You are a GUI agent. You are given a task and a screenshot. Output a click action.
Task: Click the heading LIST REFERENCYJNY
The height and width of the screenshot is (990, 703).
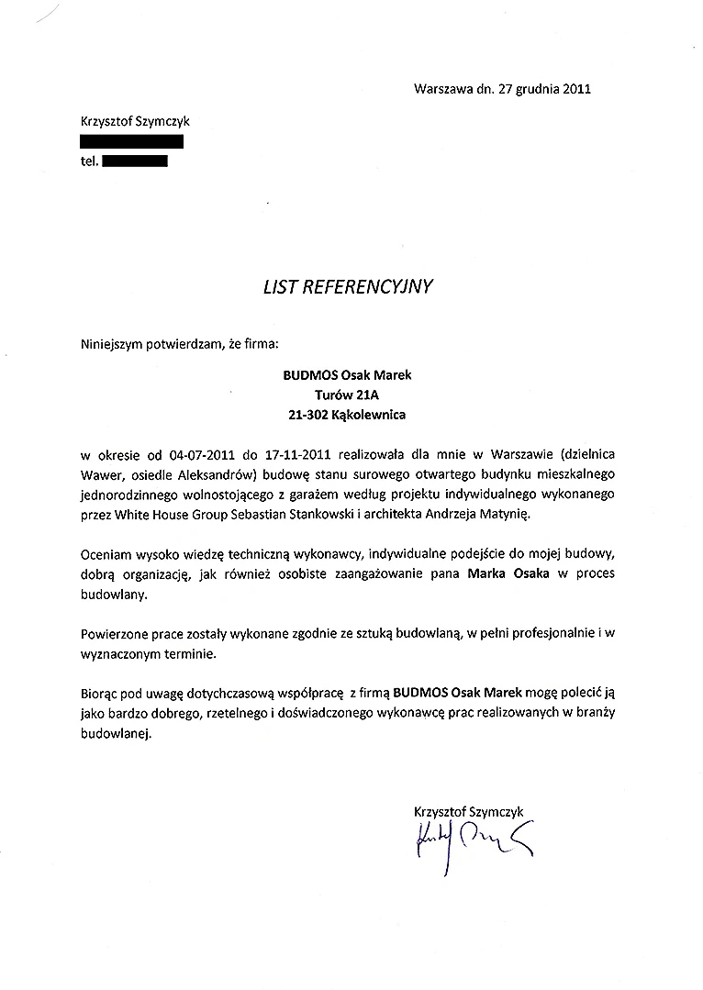point(348,285)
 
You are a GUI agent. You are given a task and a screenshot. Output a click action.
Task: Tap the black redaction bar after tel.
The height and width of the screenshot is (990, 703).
point(134,161)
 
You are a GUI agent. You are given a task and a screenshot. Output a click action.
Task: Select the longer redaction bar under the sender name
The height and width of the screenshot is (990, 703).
point(132,141)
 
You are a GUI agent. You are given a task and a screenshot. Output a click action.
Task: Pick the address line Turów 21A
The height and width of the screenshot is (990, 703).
point(347,395)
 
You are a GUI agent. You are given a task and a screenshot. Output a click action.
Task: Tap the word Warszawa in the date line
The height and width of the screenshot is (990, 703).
point(443,89)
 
